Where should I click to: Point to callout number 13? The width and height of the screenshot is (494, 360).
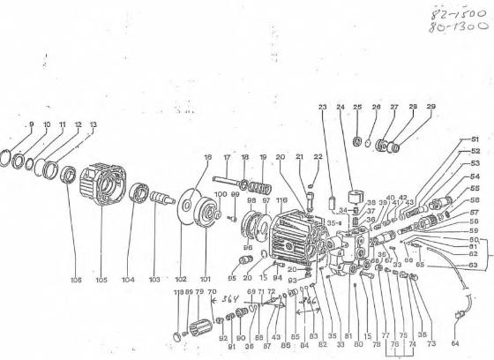pyautogui.click(x=94, y=124)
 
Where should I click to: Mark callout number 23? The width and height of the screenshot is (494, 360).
pyautogui.click(x=322, y=107)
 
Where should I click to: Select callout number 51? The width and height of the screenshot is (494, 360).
pyautogui.click(x=475, y=139)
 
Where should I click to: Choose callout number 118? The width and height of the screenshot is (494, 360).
pyautogui.click(x=176, y=291)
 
